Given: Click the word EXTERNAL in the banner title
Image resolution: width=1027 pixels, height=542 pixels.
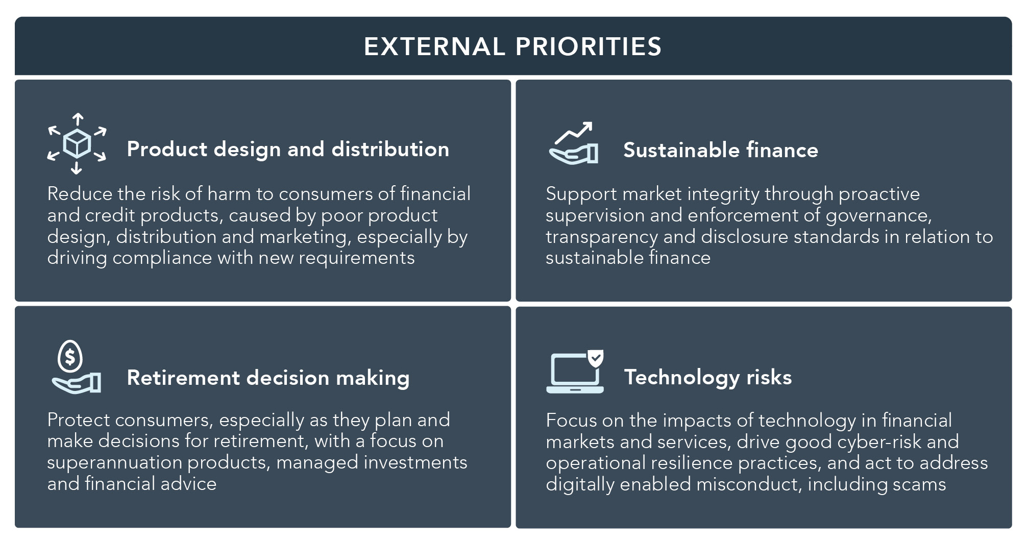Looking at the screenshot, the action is [434, 46].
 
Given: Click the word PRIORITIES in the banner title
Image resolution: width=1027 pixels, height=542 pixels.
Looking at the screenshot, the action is [589, 46].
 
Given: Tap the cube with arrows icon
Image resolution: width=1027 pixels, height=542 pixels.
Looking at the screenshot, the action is [77, 144].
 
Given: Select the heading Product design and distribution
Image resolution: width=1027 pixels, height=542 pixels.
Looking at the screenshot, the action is [288, 149].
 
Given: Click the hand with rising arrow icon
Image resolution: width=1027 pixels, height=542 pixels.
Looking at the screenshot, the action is [573, 143].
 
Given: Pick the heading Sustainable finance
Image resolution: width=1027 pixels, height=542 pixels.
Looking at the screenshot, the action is [721, 150].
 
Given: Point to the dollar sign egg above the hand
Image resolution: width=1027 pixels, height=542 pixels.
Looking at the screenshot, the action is [70, 356].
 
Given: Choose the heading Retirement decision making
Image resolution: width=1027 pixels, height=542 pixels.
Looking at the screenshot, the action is [268, 378].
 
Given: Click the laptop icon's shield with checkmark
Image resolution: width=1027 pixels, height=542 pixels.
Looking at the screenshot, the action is [595, 358].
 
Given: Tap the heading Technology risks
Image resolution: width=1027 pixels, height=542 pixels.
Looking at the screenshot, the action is [708, 377].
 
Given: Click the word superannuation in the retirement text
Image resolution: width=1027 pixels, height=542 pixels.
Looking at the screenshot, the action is [115, 462].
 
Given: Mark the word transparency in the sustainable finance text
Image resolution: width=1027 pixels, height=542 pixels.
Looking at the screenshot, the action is [602, 237].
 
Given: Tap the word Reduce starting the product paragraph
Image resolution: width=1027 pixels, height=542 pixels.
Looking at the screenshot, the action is [80, 194].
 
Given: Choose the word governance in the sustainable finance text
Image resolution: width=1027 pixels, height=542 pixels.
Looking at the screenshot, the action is [879, 215].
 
